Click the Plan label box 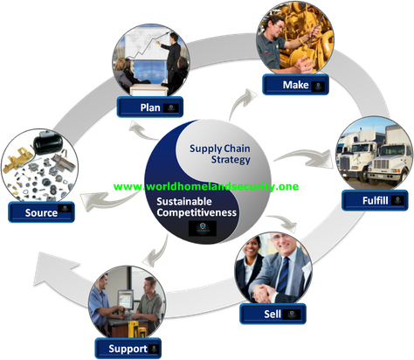click(x=150, y=107)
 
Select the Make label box click(x=295, y=85)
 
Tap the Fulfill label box click(x=375, y=200)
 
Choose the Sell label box click(x=273, y=314)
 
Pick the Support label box click(x=128, y=349)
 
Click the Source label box click(x=41, y=212)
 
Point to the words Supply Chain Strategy click(x=220, y=154)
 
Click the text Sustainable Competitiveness click(x=197, y=207)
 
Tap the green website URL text click(x=206, y=186)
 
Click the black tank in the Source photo click(x=48, y=144)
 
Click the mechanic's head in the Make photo click(x=275, y=24)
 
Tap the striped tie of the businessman click(x=283, y=275)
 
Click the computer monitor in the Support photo click(x=126, y=299)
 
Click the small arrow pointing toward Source click(x=107, y=200)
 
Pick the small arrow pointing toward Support click(x=157, y=251)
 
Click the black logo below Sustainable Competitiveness click(x=203, y=228)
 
